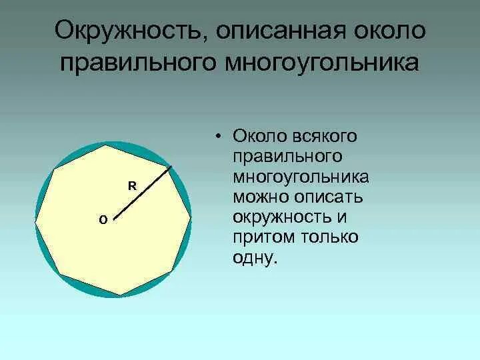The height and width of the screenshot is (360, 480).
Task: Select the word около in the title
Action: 383,31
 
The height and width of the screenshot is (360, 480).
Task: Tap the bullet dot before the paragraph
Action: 218,137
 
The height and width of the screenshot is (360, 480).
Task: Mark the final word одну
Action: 254,259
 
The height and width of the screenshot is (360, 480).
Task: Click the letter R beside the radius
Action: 132,186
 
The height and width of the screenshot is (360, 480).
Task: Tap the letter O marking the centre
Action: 102,219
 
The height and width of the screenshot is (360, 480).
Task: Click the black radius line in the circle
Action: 143,191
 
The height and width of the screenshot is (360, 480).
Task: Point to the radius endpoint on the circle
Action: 172,165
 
